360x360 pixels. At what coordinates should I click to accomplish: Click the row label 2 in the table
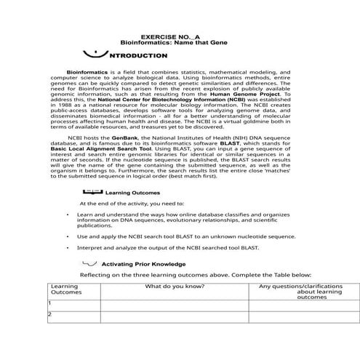(x=49, y=314)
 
